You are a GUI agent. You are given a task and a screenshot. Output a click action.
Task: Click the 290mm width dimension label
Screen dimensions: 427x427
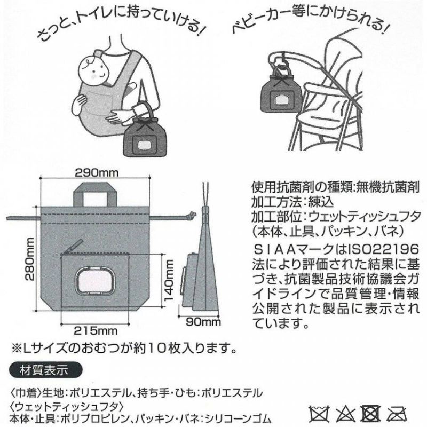pos(97,172)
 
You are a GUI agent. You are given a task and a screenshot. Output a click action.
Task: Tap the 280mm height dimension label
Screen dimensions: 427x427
pos(29,259)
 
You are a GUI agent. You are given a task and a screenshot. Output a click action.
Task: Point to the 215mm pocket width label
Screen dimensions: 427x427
pos(96,330)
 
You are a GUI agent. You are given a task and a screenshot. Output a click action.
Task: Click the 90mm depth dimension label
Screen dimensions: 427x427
pos(203,322)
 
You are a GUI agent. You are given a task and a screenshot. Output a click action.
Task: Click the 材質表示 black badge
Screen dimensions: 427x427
pos(45,370)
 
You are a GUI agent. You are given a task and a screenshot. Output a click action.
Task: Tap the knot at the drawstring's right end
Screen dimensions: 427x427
pos(192,216)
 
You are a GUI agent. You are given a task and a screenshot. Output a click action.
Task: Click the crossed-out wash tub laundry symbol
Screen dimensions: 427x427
pos(319,414)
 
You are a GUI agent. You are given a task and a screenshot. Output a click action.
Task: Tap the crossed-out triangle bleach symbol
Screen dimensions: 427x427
pos(345,414)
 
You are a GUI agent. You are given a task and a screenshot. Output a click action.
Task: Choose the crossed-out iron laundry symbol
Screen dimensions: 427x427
pos(397,414)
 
